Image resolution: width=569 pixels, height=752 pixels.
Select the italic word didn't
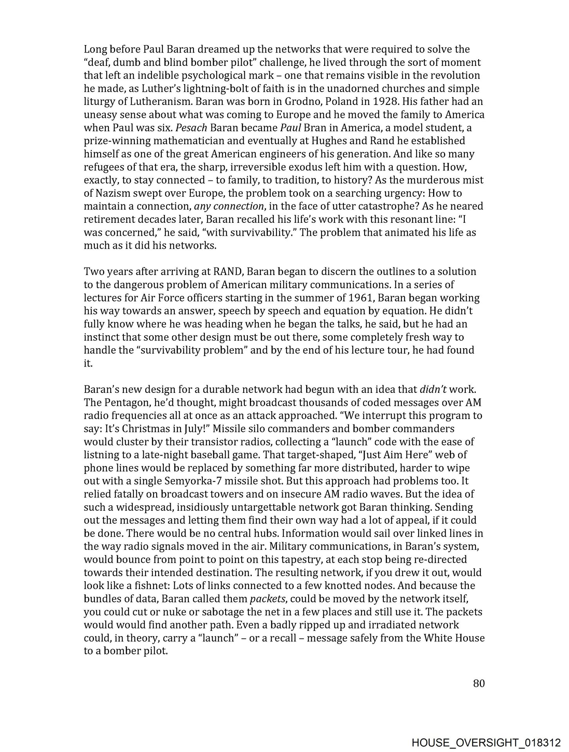[x=433, y=390]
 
